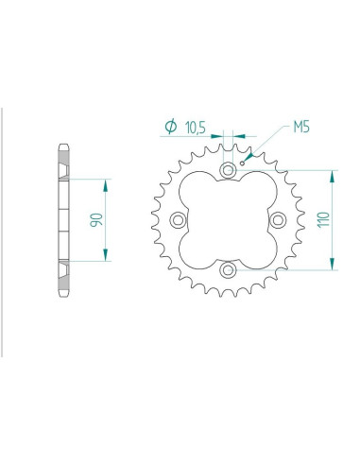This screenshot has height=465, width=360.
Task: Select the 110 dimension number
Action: (323, 219)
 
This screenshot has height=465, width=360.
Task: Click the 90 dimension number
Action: (95, 219)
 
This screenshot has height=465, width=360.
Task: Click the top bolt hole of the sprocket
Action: (228, 169)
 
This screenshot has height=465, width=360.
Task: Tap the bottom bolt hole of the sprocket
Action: (228, 271)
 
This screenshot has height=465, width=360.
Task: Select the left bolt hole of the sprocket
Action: (177, 220)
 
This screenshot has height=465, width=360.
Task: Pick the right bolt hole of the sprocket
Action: (279, 220)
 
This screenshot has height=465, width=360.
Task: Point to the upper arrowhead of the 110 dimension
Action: (333, 175)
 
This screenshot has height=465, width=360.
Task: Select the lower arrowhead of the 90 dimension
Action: (105, 256)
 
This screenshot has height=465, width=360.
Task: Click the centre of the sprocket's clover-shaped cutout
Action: (228, 220)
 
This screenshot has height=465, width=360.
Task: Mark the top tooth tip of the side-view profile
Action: (63, 145)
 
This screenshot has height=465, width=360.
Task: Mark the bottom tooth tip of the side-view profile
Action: (63, 296)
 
